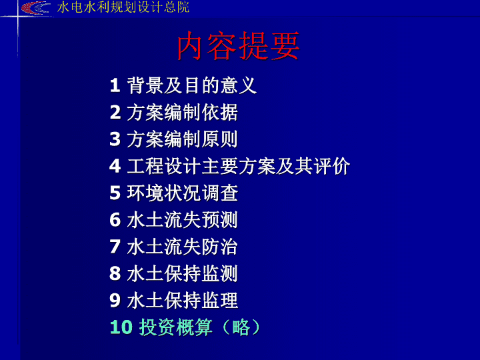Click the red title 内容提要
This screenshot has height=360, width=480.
(x=238, y=46)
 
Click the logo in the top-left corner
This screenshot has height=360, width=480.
(x=35, y=8)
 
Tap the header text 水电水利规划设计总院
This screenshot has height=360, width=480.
(x=123, y=7)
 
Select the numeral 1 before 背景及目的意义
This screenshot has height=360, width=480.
(x=115, y=85)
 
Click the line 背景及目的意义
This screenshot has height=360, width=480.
(x=191, y=85)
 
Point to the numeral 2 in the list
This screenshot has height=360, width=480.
(x=115, y=112)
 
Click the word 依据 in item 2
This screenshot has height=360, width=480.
(x=219, y=113)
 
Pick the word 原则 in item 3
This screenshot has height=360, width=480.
(x=219, y=139)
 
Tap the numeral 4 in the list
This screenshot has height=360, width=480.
(x=115, y=166)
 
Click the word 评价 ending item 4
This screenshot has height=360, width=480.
(x=331, y=166)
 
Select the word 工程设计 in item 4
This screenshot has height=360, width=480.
(x=164, y=166)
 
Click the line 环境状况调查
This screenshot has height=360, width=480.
(x=183, y=193)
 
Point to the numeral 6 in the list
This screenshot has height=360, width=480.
(x=115, y=220)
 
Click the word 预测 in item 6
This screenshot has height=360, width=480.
(x=219, y=220)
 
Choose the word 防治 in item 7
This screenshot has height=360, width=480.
(x=219, y=247)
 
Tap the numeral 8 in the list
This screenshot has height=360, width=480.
(x=115, y=273)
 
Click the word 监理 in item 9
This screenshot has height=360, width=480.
(x=219, y=300)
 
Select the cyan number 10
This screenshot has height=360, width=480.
(x=121, y=327)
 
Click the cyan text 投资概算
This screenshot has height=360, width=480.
(x=176, y=327)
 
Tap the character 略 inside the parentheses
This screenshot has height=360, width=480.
(x=241, y=327)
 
